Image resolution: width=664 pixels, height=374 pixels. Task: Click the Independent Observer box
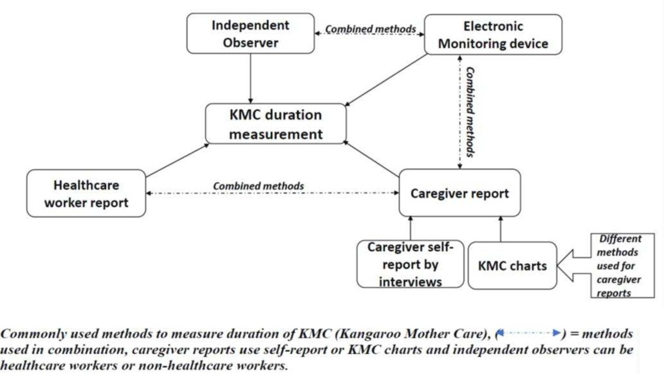tap(251, 34)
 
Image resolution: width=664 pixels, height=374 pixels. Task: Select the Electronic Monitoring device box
tap(493, 35)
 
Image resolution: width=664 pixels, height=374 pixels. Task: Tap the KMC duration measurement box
tap(275, 124)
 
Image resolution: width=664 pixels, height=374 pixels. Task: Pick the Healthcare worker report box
tap(86, 194)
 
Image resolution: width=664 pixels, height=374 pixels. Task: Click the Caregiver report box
tap(460, 193)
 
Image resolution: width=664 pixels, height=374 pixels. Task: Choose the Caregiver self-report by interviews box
tap(410, 264)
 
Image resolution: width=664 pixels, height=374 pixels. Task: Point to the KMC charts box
tap(513, 266)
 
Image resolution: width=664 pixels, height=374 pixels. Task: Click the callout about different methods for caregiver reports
tap(622, 266)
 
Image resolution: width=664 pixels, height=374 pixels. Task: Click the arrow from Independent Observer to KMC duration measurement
tap(251, 79)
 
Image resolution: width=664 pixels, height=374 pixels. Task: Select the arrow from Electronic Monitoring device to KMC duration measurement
tap(386, 80)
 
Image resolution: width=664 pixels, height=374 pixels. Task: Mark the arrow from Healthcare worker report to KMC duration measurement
tap(177, 161)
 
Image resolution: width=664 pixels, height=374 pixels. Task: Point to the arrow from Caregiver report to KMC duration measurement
tap(371, 159)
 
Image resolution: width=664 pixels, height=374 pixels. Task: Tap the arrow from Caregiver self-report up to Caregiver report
tap(410, 228)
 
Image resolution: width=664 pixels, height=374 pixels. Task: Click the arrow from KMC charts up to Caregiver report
tap(501, 229)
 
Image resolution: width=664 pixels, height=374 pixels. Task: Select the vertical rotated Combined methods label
tap(471, 112)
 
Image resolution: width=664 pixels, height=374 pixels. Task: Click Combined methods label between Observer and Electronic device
tap(370, 29)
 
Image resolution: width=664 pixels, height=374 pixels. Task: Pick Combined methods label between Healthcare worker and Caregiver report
tap(258, 186)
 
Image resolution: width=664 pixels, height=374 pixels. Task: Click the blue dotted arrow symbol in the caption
tap(529, 333)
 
